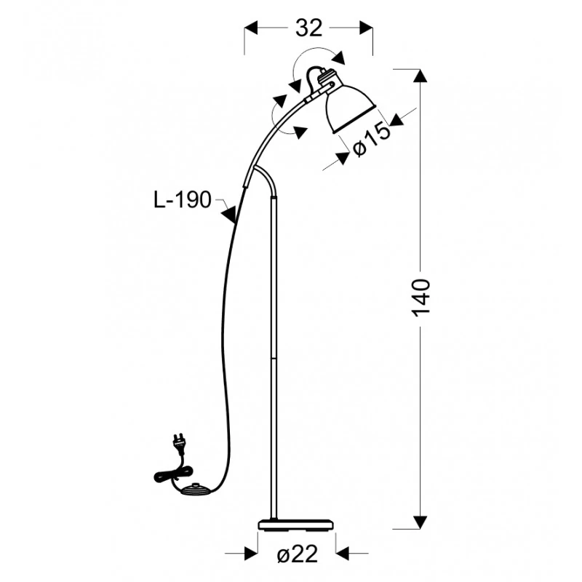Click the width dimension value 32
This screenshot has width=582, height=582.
[308, 28]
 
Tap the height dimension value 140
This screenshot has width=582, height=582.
[421, 298]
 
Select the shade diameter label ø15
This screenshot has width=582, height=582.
[372, 140]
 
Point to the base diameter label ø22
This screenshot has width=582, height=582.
[298, 554]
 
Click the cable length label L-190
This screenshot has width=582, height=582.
[183, 200]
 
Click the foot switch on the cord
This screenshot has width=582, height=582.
[196, 490]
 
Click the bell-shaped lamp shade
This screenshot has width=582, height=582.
[350, 108]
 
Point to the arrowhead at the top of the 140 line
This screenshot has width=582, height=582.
[420, 76]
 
